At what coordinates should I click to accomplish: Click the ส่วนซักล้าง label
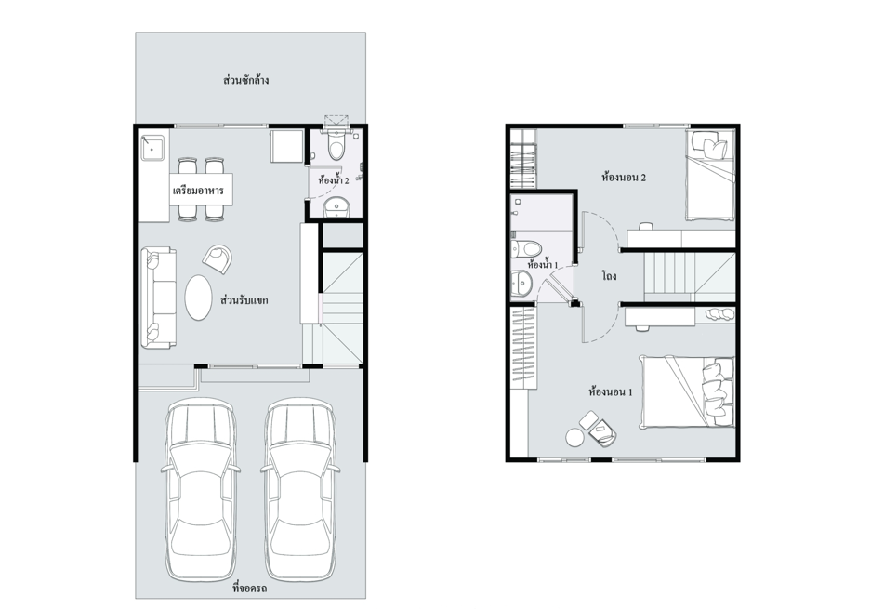click(245, 80)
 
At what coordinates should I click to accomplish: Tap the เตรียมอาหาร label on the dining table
click(198, 190)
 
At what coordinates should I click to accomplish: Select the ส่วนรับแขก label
click(244, 299)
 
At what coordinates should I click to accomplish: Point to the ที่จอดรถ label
click(250, 589)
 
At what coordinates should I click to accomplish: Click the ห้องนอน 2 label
click(624, 178)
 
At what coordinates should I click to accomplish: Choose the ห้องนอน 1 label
click(610, 391)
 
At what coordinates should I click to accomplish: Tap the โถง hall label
click(609, 276)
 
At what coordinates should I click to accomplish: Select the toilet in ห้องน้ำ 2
click(336, 144)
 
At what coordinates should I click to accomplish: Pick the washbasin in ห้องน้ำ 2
click(337, 207)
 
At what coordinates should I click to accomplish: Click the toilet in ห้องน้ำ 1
click(525, 247)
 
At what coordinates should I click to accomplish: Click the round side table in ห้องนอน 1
click(575, 437)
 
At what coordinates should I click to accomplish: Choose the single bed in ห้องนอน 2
click(710, 175)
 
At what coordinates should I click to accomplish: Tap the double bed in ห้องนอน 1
click(687, 391)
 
